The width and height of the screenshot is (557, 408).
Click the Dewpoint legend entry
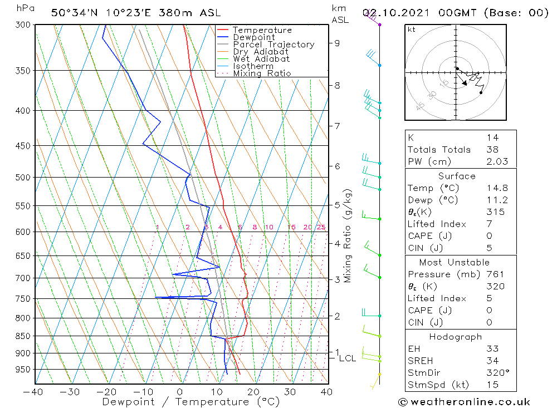(253, 37)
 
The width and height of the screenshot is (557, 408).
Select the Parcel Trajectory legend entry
(273, 45)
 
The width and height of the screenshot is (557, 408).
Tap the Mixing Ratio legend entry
(262, 73)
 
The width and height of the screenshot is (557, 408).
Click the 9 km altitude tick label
(338, 43)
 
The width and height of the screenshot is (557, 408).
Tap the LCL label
(347, 358)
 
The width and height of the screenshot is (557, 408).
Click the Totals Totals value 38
(492, 150)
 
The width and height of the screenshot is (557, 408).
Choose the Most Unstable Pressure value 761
(495, 274)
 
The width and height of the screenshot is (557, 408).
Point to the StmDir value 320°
(495, 373)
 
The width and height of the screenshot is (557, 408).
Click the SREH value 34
(492, 361)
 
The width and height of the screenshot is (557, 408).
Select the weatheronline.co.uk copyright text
(464, 402)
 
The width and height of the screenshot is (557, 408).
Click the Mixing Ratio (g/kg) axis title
(348, 235)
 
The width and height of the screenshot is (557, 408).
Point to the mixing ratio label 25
(321, 227)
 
